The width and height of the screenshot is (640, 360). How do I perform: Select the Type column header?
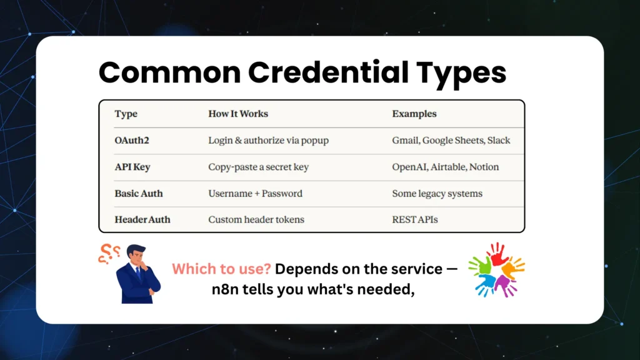(126, 114)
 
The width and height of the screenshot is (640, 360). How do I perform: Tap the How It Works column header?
(238, 114)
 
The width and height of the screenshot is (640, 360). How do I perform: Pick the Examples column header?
(414, 114)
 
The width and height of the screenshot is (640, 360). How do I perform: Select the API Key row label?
(132, 167)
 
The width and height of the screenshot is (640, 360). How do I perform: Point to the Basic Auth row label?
(138, 193)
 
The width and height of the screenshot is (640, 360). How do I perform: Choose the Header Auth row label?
(142, 219)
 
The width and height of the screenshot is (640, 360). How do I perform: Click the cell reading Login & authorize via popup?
(268, 141)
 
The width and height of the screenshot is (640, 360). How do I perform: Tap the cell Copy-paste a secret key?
(258, 167)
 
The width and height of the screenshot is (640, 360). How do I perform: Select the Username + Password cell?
(255, 193)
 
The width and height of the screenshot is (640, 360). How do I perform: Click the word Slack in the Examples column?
(499, 141)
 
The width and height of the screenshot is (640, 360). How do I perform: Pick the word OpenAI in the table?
(409, 167)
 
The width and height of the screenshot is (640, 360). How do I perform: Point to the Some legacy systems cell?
(437, 193)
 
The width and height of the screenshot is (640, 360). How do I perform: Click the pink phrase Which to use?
(221, 269)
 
